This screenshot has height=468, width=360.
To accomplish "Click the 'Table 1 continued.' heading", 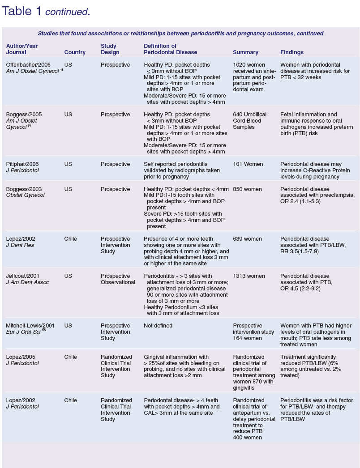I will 46,12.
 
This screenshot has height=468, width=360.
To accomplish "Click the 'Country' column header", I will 75,52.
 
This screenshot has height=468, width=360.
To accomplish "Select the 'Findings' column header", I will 292,52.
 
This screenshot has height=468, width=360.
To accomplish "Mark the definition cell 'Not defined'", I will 158,326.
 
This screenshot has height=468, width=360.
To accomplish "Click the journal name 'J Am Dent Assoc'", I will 27,282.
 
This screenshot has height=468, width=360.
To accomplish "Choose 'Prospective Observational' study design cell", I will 118,279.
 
